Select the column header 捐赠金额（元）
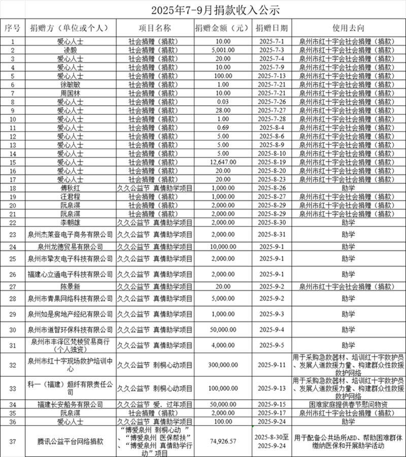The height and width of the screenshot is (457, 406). (222, 27)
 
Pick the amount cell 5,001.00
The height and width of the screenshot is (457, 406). (222, 50)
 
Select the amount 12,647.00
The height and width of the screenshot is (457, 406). (222, 162)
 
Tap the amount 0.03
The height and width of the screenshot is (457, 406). (222, 102)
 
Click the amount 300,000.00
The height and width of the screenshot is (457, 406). (222, 365)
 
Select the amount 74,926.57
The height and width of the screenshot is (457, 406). (222, 441)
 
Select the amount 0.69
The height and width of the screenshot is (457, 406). (222, 127)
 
